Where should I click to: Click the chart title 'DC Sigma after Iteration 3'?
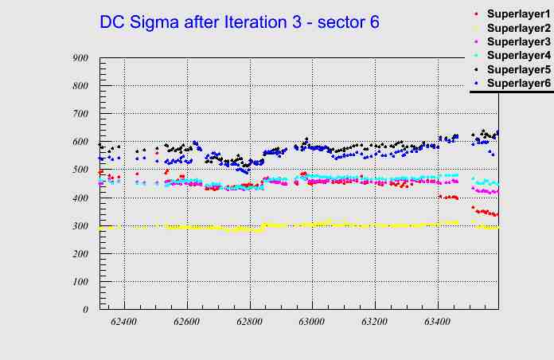[239, 22]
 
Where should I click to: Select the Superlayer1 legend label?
[518, 14]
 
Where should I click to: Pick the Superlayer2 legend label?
[518, 28]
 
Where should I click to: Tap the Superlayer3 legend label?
[518, 41]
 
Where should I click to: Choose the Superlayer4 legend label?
[518, 56]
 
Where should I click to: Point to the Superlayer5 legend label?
[518, 69]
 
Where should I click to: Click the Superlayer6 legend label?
[518, 83]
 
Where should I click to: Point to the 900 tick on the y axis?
[80, 58]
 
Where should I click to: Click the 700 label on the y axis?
[80, 114]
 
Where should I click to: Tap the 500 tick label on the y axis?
[80, 170]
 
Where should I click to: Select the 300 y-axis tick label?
[80, 226]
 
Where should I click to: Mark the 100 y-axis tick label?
[80, 282]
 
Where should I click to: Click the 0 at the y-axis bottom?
[86, 310]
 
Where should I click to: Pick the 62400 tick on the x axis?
[124, 321]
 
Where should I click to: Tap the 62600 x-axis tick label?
[187, 321]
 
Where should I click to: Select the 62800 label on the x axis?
[249, 321]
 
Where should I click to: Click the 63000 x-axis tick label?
[312, 321]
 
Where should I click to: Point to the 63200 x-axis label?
[375, 321]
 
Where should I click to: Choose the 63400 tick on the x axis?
[438, 321]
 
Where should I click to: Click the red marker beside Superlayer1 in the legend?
[476, 14]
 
